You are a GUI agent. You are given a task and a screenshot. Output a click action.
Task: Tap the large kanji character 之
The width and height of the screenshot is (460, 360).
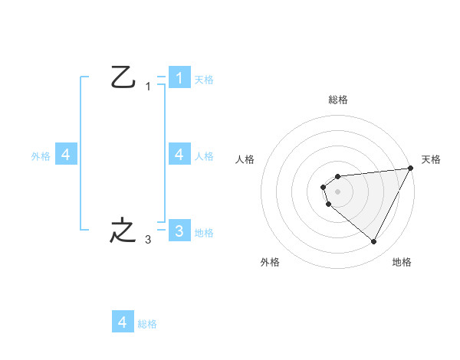pyautogui.click(x=123, y=230)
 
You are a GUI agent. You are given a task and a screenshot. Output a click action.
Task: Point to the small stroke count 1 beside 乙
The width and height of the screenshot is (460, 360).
pyautogui.click(x=148, y=87)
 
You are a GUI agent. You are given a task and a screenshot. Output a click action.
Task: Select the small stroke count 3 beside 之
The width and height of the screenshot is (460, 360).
pyautogui.click(x=147, y=241)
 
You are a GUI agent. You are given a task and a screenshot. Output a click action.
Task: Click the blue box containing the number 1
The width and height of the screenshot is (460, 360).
pyautogui.click(x=179, y=78)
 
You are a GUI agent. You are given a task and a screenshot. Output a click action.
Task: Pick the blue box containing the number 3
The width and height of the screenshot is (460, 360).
pyautogui.click(x=179, y=231)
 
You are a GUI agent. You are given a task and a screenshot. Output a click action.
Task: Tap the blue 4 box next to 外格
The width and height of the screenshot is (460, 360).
pyautogui.click(x=66, y=155)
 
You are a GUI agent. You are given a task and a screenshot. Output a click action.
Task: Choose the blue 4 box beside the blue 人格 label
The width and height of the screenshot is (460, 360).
pyautogui.click(x=179, y=155)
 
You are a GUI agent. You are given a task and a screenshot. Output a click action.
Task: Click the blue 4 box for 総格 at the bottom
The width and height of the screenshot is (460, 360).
pyautogui.click(x=123, y=322)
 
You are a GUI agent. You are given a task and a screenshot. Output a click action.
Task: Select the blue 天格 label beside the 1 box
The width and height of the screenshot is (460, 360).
pyautogui.click(x=204, y=80)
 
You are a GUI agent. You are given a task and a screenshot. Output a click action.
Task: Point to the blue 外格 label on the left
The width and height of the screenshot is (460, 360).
pyautogui.click(x=41, y=156)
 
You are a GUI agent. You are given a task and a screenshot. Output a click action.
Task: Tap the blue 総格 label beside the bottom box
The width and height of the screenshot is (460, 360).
pyautogui.click(x=147, y=324)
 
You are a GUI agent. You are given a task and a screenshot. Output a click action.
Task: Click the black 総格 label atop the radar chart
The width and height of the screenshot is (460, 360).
pyautogui.click(x=338, y=100)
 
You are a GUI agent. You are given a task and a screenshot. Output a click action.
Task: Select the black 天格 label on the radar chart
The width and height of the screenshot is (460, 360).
pyautogui.click(x=431, y=159)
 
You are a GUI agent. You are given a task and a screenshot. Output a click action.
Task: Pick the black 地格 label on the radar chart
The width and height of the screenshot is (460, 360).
pyautogui.click(x=402, y=263)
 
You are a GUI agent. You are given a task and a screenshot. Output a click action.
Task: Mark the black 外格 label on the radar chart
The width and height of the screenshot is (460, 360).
pyautogui.click(x=270, y=263)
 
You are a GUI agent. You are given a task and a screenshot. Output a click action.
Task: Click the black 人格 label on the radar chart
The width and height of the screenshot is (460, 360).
pyautogui.click(x=245, y=159)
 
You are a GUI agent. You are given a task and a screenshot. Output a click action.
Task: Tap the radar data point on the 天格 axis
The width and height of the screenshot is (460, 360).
pyautogui.click(x=412, y=168)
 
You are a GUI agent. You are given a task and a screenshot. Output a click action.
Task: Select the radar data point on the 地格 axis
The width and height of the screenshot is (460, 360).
pyautogui.click(x=374, y=242)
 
